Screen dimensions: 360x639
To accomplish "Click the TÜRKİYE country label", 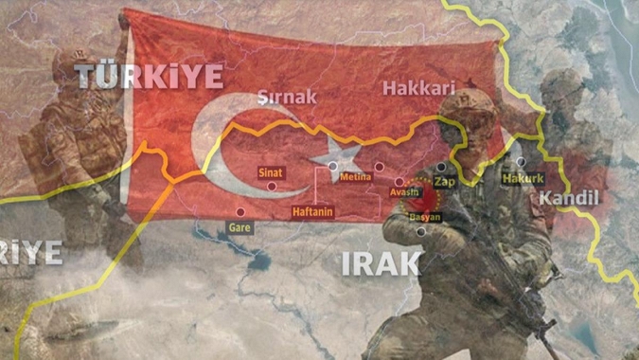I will (x=150, y=75).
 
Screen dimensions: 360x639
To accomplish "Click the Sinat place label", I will (x=272, y=172).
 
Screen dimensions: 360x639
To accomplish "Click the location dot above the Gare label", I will (x=240, y=211).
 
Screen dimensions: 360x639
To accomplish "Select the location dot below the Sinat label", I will (x=273, y=187).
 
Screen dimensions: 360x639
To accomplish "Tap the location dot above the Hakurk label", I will (x=521, y=162).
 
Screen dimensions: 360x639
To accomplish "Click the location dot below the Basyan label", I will (x=421, y=231).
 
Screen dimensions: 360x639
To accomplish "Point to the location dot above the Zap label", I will (x=440, y=166).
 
